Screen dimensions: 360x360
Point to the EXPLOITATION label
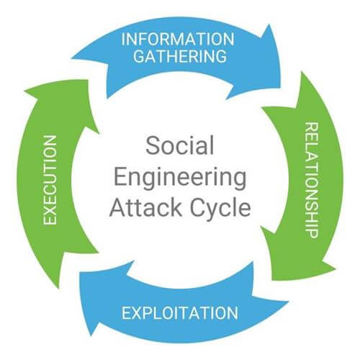179,312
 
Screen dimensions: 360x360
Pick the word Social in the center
181,146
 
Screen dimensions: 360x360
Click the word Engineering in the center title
181,177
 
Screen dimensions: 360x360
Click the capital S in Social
153,146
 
